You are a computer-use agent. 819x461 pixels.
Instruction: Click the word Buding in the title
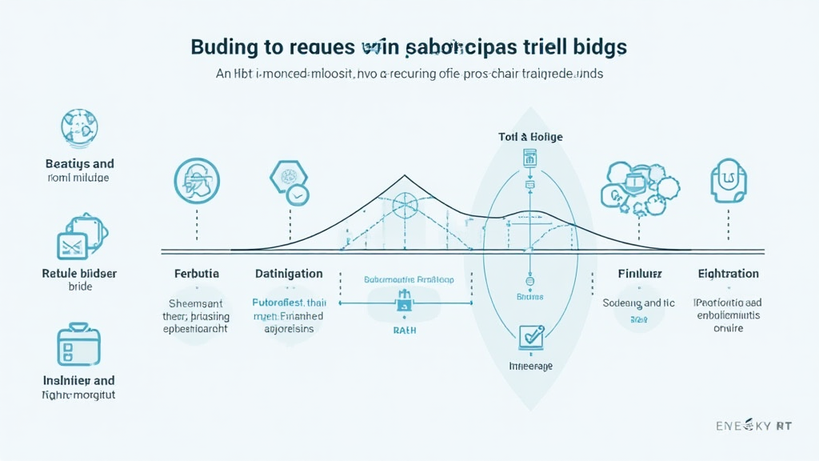(x=225, y=46)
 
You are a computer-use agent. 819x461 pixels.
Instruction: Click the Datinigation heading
(x=289, y=274)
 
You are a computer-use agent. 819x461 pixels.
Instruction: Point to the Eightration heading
(x=727, y=274)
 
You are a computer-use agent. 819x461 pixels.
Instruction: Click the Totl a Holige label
(x=529, y=137)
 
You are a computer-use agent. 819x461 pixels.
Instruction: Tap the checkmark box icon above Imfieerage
(x=530, y=336)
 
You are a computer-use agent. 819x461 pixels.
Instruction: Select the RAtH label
(x=404, y=330)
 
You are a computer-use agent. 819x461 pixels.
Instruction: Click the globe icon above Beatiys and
(x=78, y=126)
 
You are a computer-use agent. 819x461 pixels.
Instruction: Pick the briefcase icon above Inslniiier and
(x=78, y=344)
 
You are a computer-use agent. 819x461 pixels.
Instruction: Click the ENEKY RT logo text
(x=753, y=427)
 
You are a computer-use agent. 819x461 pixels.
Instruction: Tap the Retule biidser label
(x=79, y=274)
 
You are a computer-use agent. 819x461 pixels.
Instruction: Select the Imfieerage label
(x=530, y=366)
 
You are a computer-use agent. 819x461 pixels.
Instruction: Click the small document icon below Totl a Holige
(x=529, y=158)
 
